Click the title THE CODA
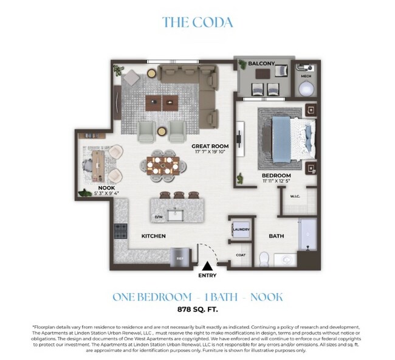(x=197, y=22)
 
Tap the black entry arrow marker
(x=207, y=265)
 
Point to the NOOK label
(x=108, y=188)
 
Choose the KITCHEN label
(x=154, y=235)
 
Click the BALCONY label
(x=262, y=63)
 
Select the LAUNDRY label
(x=241, y=229)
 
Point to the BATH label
(x=277, y=236)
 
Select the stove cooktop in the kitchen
(x=120, y=231)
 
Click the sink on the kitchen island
(x=177, y=215)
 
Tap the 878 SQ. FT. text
(x=197, y=309)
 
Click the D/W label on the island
(x=159, y=216)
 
